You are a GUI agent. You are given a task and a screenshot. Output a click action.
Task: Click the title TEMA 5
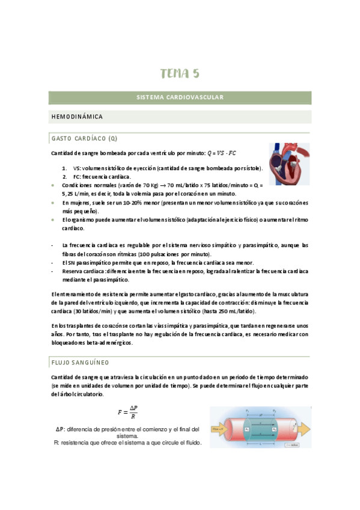tap(180, 74)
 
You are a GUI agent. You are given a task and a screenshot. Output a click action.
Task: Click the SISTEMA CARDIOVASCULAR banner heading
tap(180, 97)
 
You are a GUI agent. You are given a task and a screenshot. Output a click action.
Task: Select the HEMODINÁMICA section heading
tap(77, 116)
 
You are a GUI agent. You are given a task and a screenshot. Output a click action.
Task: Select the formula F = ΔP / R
tap(128, 412)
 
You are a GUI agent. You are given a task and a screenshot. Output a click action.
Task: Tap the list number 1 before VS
tap(64, 168)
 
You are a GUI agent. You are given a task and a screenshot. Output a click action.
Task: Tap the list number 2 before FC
tap(64, 177)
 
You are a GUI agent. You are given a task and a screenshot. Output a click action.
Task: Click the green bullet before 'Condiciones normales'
tap(53, 186)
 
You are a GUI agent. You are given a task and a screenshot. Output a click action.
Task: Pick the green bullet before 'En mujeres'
tap(53, 203)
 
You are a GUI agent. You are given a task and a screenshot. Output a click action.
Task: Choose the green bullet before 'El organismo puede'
tap(53, 220)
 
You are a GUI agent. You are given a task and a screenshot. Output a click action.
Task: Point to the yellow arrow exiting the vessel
tap(304, 429)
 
